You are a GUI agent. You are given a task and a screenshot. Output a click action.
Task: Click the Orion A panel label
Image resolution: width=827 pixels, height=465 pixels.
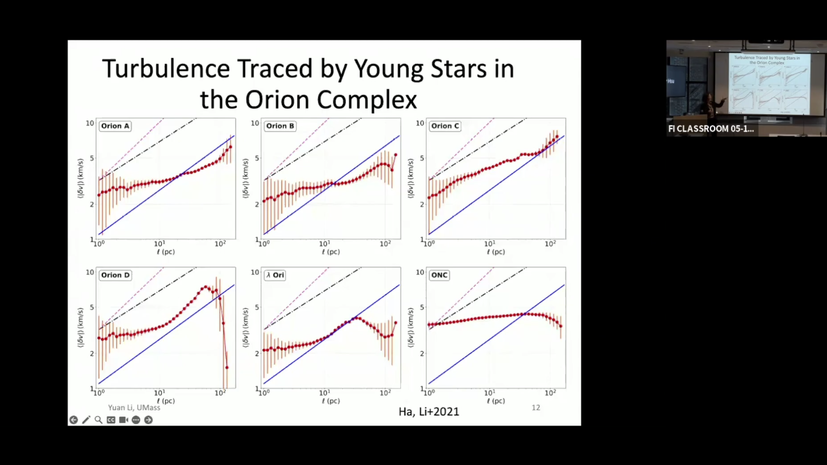(x=115, y=126)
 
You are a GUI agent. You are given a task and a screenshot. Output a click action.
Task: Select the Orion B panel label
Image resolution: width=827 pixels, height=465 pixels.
(x=280, y=126)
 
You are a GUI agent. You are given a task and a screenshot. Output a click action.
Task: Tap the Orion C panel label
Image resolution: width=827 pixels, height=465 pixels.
(x=445, y=126)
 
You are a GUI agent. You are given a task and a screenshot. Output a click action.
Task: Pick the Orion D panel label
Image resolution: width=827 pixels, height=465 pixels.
(x=115, y=275)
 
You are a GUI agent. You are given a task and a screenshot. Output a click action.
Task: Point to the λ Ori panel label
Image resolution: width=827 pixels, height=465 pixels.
(x=275, y=275)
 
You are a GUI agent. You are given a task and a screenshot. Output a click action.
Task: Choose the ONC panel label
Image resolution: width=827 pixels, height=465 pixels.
(x=439, y=275)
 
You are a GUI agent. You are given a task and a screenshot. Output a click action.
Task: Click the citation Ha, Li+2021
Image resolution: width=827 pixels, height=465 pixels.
(x=429, y=412)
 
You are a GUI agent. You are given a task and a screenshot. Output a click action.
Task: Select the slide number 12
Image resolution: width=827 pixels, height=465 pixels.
(x=536, y=407)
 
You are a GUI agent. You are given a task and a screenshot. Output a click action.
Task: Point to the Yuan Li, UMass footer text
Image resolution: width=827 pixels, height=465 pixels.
(x=134, y=407)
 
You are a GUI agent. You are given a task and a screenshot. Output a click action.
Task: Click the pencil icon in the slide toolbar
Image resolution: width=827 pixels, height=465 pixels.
(x=86, y=420)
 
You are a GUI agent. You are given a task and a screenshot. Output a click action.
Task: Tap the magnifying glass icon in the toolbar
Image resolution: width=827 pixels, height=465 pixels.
(x=99, y=420)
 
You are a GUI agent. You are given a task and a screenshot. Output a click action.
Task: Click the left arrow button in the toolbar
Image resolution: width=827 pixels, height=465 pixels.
(x=73, y=420)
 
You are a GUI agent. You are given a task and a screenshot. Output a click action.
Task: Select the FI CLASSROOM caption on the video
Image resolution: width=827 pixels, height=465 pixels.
(x=711, y=129)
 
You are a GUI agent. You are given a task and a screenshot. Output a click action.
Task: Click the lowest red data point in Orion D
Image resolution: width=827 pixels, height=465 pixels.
(x=227, y=368)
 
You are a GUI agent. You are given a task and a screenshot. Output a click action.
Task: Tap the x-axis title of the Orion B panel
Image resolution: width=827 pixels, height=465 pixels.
(x=330, y=252)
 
